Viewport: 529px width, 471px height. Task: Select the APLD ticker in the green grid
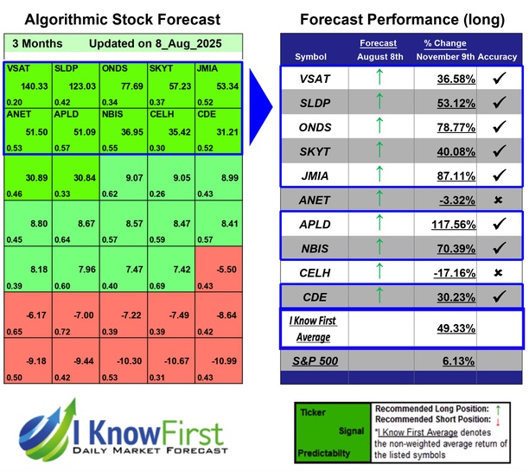[67, 113]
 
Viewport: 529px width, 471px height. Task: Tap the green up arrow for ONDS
[378, 128]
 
